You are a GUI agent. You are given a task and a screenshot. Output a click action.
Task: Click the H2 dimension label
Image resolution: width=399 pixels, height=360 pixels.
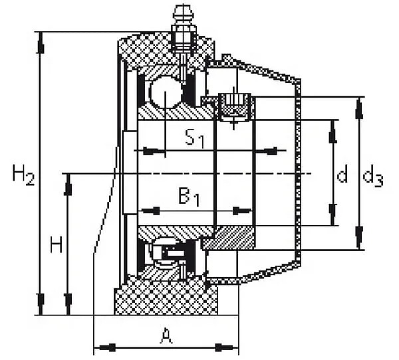pyautogui.click(x=23, y=175)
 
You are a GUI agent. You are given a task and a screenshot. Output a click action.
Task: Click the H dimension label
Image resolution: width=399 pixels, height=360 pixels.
pyautogui.click(x=57, y=244)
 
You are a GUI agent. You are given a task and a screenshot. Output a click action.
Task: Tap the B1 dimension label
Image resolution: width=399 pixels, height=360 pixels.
pyautogui.click(x=189, y=197)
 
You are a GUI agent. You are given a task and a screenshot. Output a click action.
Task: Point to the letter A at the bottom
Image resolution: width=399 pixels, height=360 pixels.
pyautogui.click(x=166, y=335)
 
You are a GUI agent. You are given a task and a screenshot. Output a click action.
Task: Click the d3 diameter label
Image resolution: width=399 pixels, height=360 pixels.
pyautogui.click(x=373, y=175)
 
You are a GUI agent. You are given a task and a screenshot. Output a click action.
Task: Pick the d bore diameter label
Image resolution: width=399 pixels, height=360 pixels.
pyautogui.click(x=342, y=173)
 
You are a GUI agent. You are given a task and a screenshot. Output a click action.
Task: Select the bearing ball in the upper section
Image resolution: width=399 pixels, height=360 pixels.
pyautogui.click(x=165, y=92)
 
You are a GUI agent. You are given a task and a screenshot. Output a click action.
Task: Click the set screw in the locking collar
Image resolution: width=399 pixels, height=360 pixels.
pyautogui.click(x=234, y=107)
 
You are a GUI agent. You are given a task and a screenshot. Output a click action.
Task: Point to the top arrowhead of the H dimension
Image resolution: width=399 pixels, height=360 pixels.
pyautogui.click(x=68, y=185)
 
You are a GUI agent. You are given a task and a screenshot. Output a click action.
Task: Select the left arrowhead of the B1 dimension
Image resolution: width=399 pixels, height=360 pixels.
pyautogui.click(x=150, y=211)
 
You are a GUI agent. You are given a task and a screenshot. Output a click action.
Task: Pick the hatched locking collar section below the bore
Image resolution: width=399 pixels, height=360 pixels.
pyautogui.click(x=229, y=238)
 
